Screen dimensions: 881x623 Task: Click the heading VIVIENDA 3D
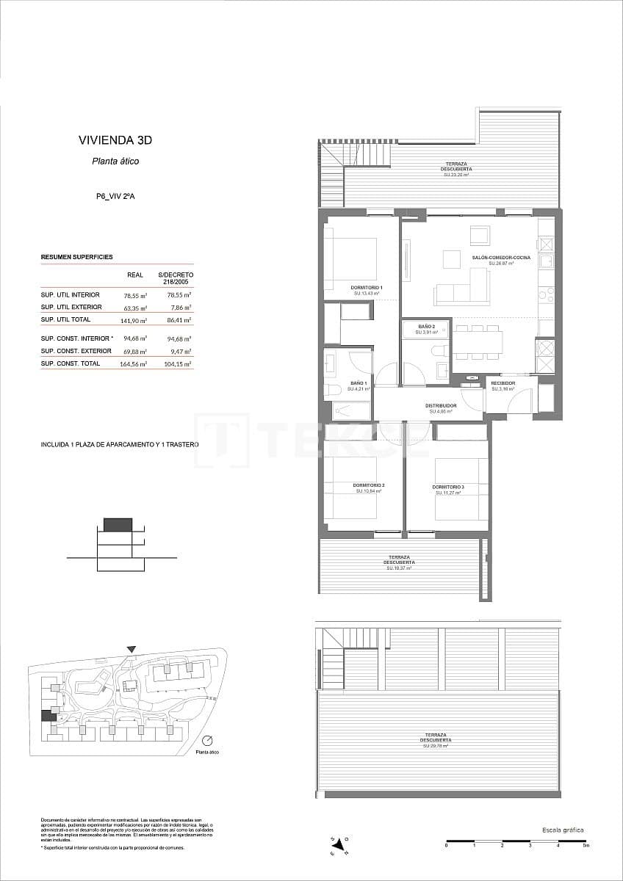tap(115, 140)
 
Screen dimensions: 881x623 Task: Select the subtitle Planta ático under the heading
tap(115, 162)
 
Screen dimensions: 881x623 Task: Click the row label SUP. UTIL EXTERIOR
tap(71, 307)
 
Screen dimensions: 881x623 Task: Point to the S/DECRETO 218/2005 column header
tap(176, 278)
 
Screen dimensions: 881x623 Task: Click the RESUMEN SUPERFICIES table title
tap(76, 257)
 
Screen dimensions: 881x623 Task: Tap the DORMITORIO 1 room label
tap(367, 287)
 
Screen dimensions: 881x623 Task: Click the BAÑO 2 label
tap(427, 326)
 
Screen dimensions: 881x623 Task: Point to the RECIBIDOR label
tap(503, 383)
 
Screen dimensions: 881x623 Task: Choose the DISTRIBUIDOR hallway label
tap(441, 405)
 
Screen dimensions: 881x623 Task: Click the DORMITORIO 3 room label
tap(447, 487)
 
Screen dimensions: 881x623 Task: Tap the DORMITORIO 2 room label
tap(368, 486)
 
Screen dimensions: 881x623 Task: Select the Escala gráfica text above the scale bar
tap(563, 830)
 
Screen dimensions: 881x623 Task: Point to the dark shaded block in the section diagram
tap(118, 524)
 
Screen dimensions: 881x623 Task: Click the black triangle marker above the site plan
tap(131, 649)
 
